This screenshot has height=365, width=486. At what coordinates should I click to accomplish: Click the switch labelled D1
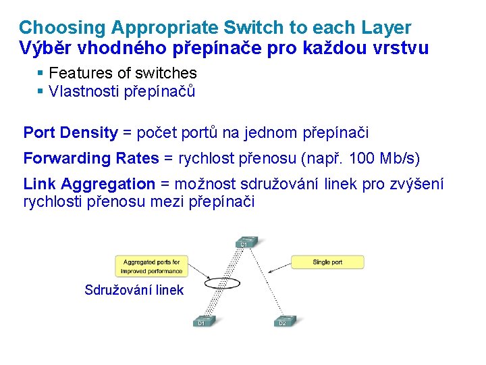(x=203, y=321)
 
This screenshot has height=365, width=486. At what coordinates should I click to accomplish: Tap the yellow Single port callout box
(x=327, y=262)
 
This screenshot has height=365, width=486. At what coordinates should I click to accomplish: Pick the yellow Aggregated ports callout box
(x=151, y=266)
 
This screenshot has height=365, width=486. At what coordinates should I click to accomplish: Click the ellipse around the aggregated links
(x=223, y=283)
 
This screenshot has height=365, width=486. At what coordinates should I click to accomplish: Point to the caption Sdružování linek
(x=134, y=290)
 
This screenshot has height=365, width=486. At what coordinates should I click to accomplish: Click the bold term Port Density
(x=70, y=132)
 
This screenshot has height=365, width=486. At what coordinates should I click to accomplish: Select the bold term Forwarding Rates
(x=91, y=158)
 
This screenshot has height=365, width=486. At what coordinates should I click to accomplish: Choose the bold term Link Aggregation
(x=89, y=184)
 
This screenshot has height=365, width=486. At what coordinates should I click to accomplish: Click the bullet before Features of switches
(x=41, y=73)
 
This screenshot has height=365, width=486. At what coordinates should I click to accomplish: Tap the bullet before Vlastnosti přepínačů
(x=41, y=91)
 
